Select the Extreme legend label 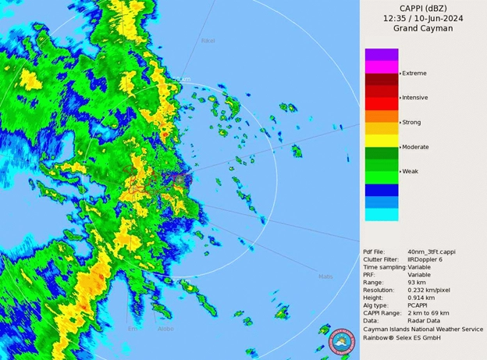point(414,73)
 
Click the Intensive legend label point(415,98)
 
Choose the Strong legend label point(411,123)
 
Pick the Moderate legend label point(415,147)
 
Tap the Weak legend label point(411,171)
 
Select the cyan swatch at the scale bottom point(382,214)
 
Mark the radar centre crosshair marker point(180,179)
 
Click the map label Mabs point(325,276)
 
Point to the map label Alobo point(166,329)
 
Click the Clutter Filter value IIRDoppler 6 point(432,258)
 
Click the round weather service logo point(343,341)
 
